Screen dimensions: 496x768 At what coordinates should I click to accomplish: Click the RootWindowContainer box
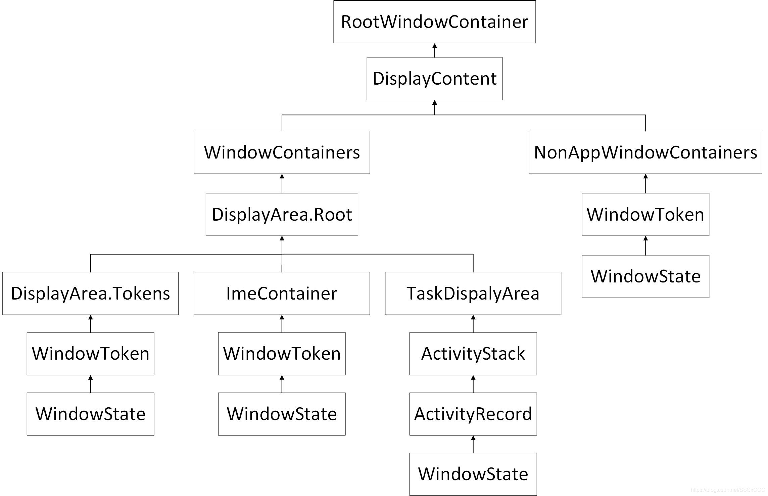434,22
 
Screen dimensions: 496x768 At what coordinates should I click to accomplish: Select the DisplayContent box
434,79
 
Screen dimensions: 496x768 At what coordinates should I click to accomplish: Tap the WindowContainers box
282,152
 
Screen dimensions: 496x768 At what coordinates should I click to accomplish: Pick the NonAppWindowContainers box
645,152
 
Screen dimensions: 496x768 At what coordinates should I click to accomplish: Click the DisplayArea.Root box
282,214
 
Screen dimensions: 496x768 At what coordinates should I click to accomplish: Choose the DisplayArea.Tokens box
90,293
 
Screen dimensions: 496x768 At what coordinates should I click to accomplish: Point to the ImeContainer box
282,293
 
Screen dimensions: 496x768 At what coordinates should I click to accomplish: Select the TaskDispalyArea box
473,293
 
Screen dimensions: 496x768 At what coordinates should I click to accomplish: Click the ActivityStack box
473,354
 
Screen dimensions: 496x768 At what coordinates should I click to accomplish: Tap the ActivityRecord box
473,414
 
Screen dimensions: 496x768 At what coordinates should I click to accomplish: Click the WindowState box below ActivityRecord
473,474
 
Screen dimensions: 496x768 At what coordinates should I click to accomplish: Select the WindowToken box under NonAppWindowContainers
645,214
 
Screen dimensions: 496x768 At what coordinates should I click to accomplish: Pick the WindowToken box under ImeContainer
282,354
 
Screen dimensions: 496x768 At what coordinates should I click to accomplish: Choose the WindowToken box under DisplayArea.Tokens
90,354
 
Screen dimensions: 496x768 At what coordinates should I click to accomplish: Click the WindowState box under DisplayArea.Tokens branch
90,414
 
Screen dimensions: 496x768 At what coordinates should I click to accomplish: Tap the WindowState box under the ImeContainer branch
282,414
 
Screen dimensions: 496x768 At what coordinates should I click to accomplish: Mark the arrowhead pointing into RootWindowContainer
434,46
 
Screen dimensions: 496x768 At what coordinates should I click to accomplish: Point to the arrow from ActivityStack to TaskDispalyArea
473,324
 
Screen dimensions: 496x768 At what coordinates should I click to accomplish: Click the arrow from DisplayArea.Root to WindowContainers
282,184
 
